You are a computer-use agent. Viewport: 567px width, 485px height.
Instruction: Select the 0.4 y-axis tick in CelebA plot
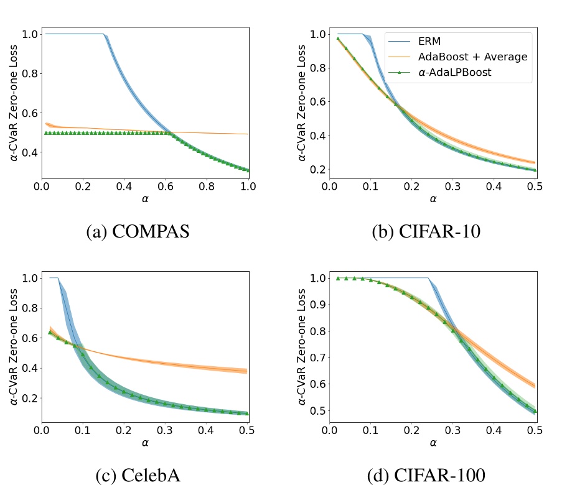coord(29,368)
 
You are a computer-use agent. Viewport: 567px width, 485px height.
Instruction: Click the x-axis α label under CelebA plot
coord(144,443)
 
